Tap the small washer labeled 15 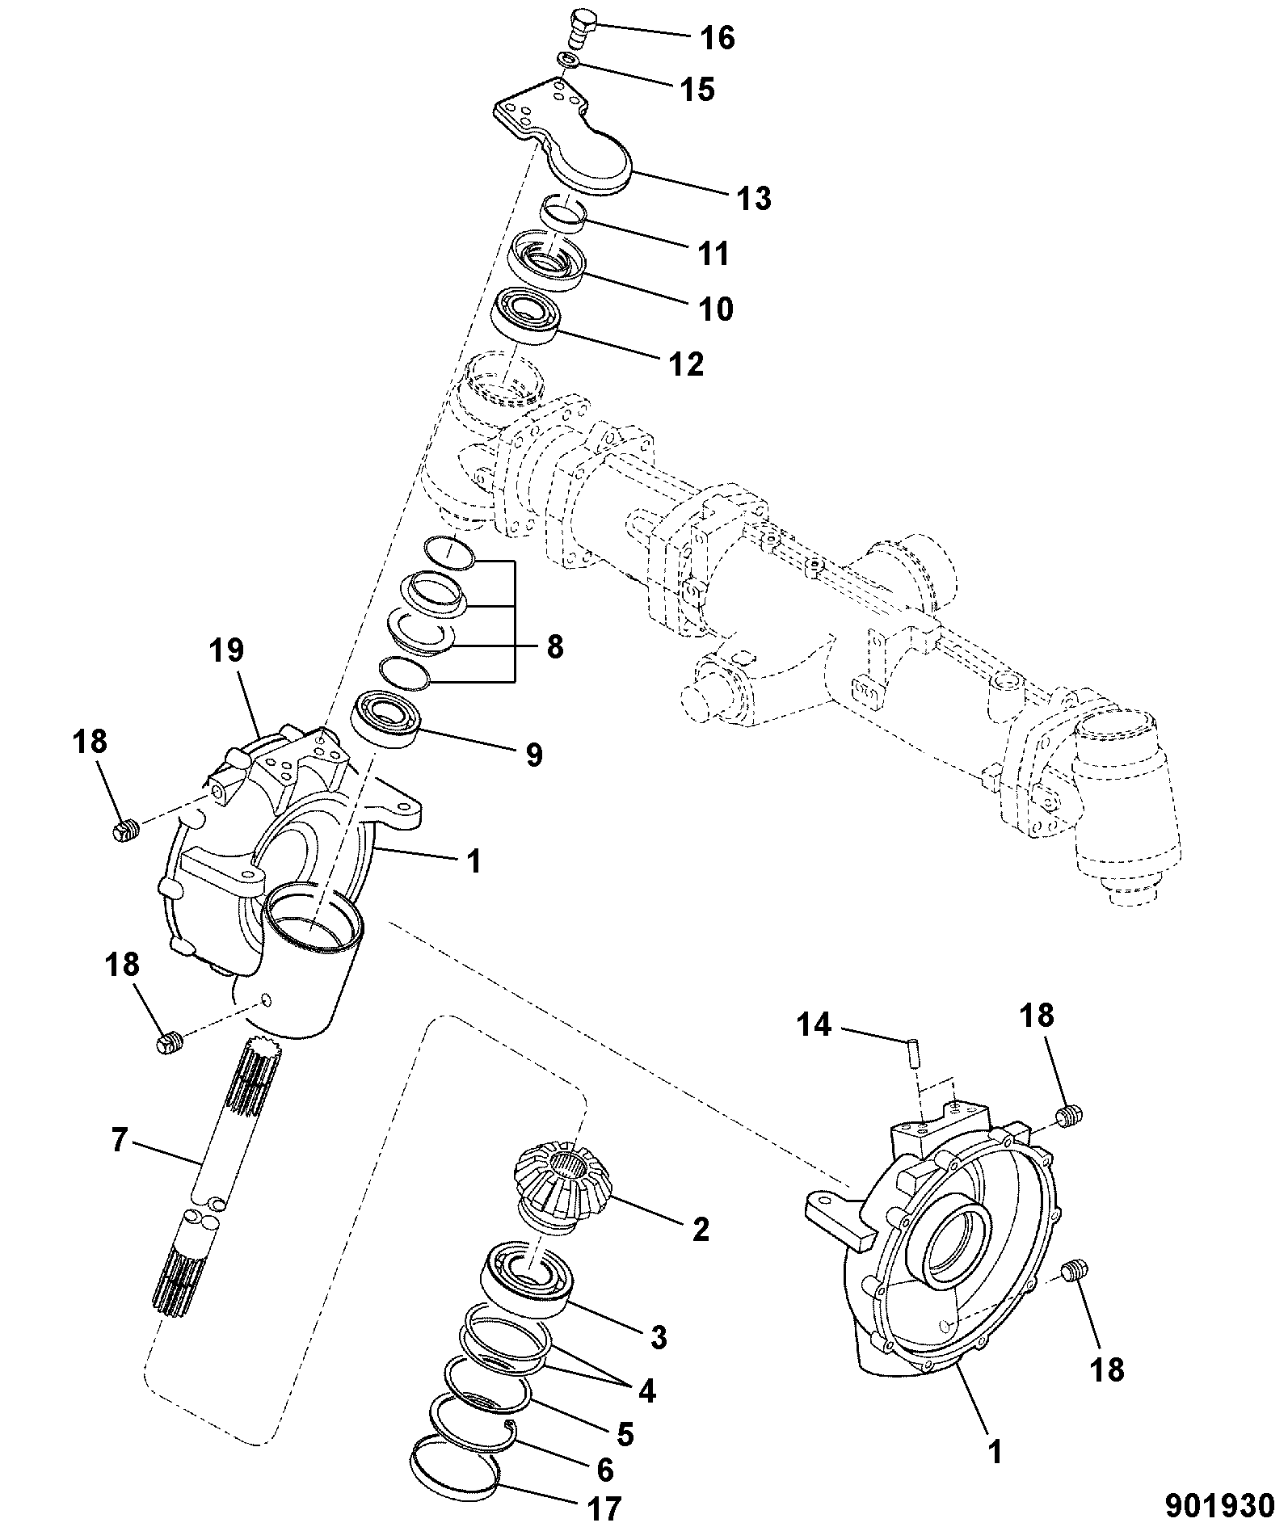[x=570, y=62]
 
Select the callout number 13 [x=754, y=198]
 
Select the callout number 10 [x=714, y=308]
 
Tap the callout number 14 [x=814, y=1024]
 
